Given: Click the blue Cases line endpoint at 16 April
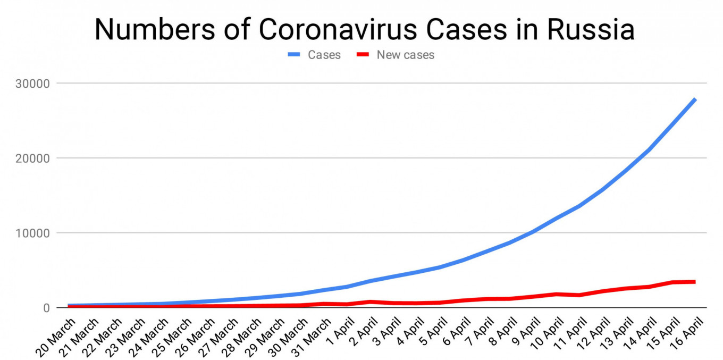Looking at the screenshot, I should (694, 99).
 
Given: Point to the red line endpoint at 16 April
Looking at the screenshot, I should (694, 282).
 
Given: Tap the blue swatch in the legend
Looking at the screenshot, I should (295, 55).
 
